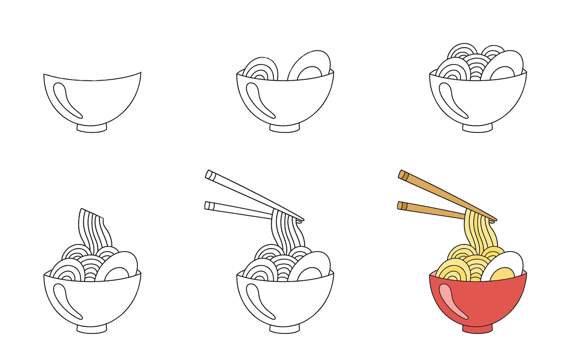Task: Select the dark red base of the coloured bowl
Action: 478,329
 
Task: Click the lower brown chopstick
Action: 430,210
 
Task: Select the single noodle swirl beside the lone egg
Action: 260,69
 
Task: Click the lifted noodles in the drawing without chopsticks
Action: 95,229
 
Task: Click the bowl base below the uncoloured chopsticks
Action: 285,329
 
